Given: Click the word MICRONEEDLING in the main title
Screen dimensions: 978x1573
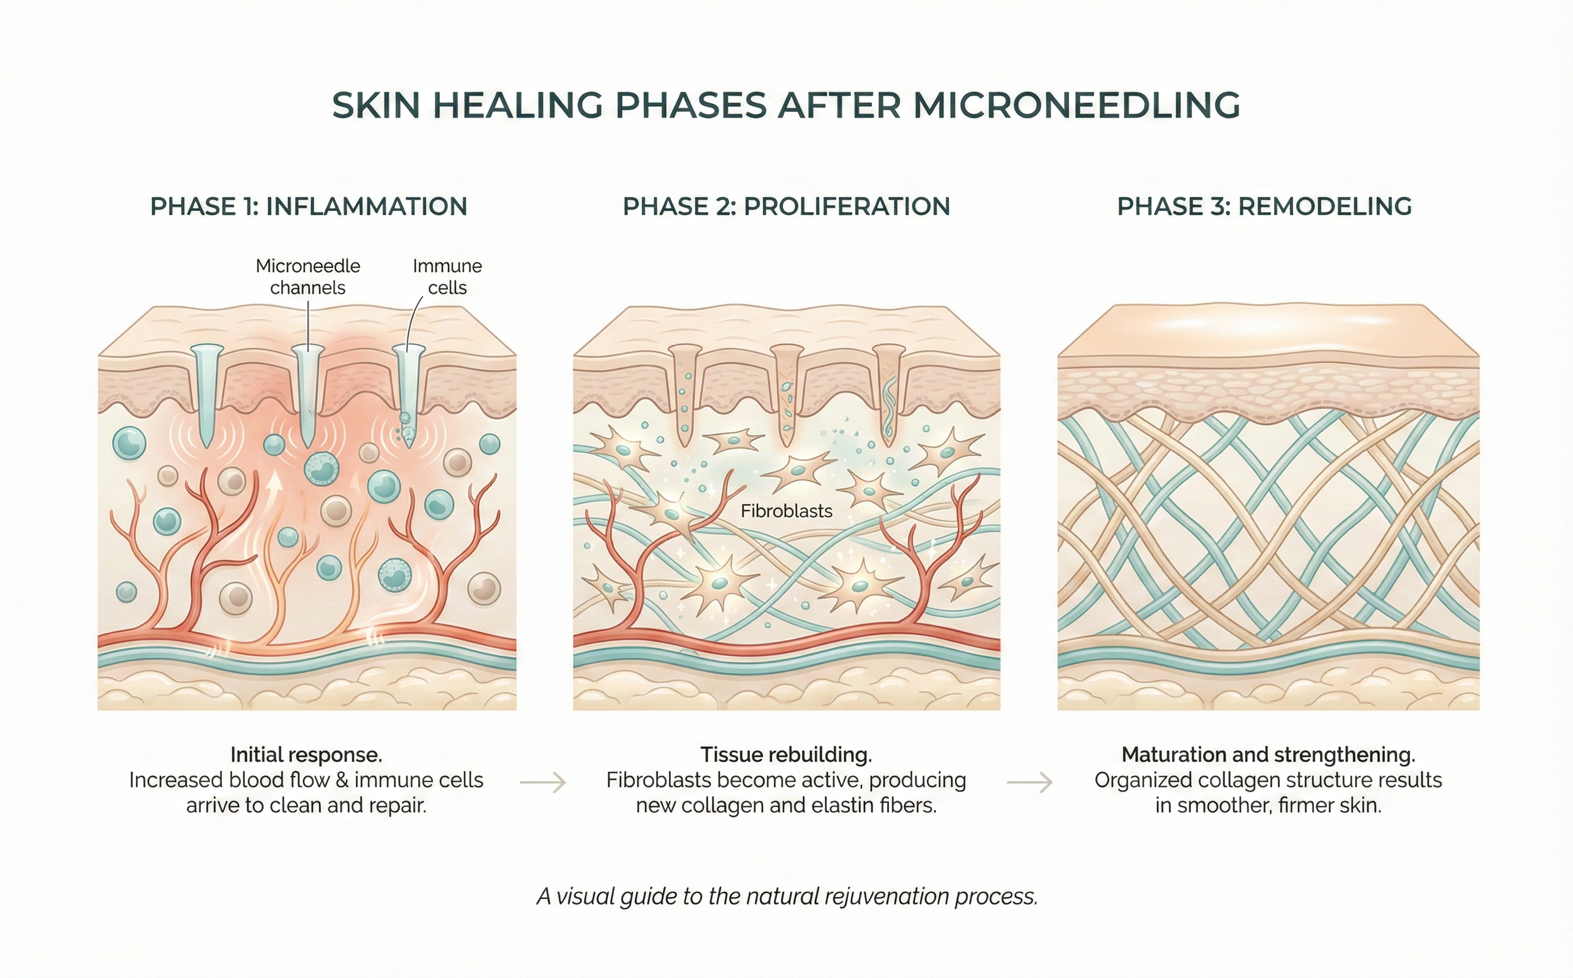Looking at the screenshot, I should click(x=1076, y=106).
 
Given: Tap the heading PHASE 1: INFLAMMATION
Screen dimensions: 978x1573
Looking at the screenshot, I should click(x=309, y=206).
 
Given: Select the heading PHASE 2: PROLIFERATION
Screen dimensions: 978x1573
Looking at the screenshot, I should click(x=786, y=206).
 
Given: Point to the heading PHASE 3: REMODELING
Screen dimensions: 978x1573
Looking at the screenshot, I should click(x=1264, y=206).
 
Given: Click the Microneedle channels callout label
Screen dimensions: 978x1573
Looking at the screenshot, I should click(x=308, y=277).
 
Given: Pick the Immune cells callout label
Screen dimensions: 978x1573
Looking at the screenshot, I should click(x=447, y=277).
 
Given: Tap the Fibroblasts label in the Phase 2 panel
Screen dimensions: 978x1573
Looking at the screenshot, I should click(x=786, y=511).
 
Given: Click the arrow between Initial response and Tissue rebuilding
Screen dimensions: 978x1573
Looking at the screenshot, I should click(x=543, y=782).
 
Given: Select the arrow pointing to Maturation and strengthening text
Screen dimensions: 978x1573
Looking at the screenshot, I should click(x=1029, y=782).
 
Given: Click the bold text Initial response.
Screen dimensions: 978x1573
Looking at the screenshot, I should click(x=306, y=755).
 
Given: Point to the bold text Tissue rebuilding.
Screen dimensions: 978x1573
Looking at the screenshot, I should click(x=786, y=755).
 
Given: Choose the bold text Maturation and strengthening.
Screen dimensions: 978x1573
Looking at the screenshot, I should click(x=1268, y=755).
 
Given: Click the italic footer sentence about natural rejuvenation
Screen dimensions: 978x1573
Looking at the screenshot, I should click(x=787, y=896).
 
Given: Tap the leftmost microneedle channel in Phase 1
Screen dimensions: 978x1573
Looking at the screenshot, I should click(x=207, y=394).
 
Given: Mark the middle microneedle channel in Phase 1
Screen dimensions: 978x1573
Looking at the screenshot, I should click(x=307, y=394).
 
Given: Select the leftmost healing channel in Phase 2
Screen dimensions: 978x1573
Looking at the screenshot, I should click(x=685, y=394).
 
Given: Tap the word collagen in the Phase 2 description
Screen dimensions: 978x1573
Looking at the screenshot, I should click(x=720, y=806).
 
